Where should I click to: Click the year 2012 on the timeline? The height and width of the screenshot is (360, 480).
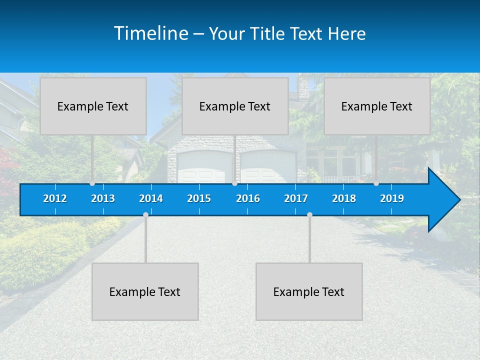[x=55, y=198]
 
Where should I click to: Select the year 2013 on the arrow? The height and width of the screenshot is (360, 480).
[x=103, y=198]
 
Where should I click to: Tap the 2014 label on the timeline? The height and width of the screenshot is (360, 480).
[x=151, y=198]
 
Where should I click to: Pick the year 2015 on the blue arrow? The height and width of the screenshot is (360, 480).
[x=199, y=198]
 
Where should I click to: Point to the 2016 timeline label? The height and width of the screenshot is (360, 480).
[x=248, y=198]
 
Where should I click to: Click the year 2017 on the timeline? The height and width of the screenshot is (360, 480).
[x=296, y=198]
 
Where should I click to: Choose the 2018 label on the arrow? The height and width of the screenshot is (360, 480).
[x=344, y=198]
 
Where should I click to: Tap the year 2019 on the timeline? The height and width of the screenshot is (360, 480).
[x=392, y=198]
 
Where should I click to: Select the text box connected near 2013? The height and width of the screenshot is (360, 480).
[x=93, y=106]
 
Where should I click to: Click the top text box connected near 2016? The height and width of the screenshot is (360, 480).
[x=235, y=106]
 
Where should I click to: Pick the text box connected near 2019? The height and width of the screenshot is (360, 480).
[x=377, y=106]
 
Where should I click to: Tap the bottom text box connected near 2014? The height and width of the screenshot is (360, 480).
[x=145, y=291]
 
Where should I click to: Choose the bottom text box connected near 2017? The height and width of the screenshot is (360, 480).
[x=309, y=291]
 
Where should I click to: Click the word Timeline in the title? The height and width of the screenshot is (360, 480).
[x=150, y=33]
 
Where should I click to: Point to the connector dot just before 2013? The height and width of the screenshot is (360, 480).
[x=92, y=183]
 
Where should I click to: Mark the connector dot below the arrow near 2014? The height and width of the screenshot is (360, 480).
[x=145, y=214]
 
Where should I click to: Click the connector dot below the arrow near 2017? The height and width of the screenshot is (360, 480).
[x=309, y=214]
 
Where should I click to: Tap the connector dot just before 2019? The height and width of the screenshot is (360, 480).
[x=376, y=183]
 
